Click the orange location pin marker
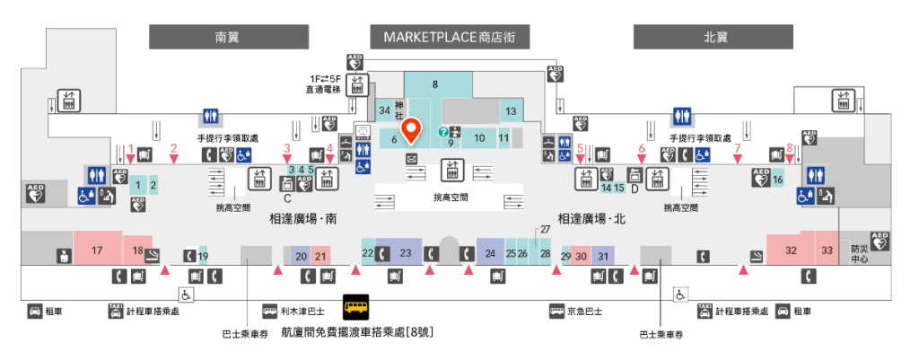point(410,131)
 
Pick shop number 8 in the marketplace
point(435,84)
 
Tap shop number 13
point(511,111)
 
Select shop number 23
point(405,253)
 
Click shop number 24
point(490,254)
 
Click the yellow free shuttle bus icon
point(356,308)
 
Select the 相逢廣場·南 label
point(302,218)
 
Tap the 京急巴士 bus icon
point(556,312)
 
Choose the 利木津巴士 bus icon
point(269,312)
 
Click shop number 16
point(778,180)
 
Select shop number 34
point(385,110)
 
